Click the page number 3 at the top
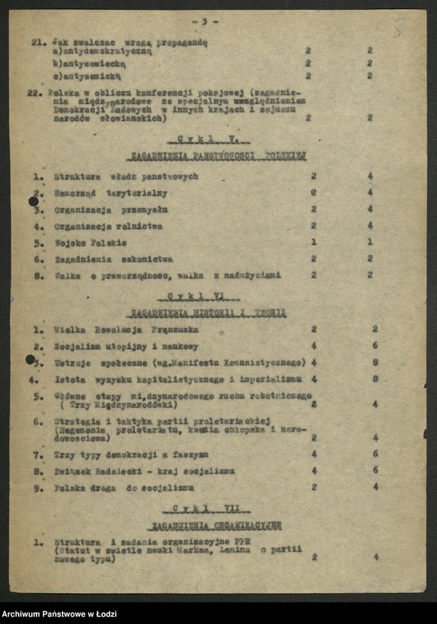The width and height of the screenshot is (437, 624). coord(204,22)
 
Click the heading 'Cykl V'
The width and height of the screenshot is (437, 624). coord(215,139)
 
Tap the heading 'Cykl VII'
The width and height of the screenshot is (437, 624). coord(211,509)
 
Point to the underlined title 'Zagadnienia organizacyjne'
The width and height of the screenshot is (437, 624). coord(216,525)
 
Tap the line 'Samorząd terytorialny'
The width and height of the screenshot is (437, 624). coord(111,193)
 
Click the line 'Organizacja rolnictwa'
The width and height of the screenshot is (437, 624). coord(108,227)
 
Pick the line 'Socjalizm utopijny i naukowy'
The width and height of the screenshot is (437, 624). coord(126,346)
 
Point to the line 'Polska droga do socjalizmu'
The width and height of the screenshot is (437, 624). coord(123,488)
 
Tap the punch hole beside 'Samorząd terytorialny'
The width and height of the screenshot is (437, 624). coord(33,201)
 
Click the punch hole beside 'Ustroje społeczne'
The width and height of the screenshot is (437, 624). coord(30,360)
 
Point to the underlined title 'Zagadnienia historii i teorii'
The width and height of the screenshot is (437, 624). coord(207,313)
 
